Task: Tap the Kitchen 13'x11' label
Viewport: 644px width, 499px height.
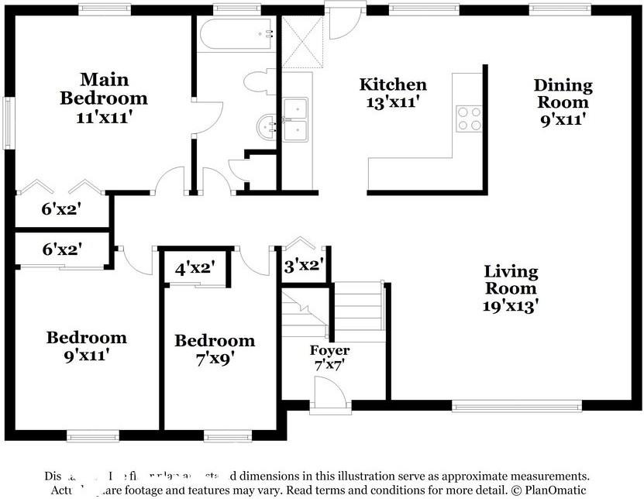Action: click(392, 93)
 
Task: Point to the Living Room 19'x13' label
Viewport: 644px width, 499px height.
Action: click(511, 288)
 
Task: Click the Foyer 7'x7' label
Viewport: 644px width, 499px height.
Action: click(329, 357)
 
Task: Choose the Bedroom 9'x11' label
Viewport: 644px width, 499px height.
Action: click(86, 346)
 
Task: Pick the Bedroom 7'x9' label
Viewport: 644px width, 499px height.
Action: click(214, 349)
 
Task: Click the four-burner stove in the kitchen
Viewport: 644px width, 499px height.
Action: click(468, 119)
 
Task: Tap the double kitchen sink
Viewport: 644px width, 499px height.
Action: click(294, 120)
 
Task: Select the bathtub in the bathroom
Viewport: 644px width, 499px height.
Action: click(237, 35)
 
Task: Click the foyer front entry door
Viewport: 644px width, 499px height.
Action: click(331, 395)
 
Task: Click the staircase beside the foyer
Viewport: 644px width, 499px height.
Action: click(357, 310)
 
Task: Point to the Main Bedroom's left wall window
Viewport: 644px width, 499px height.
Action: click(9, 122)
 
